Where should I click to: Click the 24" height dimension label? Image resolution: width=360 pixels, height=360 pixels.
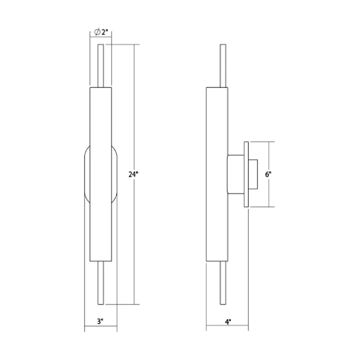click(x=133, y=175)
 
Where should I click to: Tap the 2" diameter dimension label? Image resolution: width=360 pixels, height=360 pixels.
click(x=105, y=32)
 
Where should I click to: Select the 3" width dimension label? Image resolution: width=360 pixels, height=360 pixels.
click(x=100, y=321)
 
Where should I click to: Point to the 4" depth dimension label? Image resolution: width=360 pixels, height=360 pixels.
click(x=228, y=322)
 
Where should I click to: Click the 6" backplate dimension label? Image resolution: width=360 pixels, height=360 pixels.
click(x=268, y=175)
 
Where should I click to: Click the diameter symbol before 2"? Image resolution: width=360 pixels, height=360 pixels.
click(x=97, y=32)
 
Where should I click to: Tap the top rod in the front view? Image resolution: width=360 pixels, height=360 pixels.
click(x=101, y=66)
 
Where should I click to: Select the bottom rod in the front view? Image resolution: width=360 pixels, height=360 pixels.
click(x=101, y=283)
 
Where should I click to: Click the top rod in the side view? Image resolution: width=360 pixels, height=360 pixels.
click(x=223, y=66)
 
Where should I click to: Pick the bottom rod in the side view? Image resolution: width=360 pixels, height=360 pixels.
click(x=223, y=283)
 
